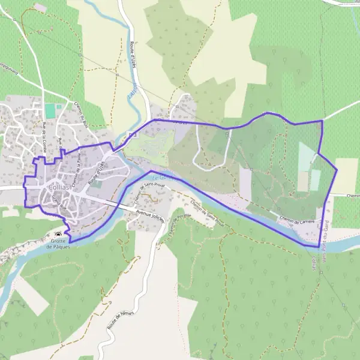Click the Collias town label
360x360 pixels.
click(x=59, y=187)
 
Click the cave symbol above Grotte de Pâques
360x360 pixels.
click(x=58, y=235)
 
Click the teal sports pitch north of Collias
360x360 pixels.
click(x=49, y=111)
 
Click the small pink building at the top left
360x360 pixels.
click(x=40, y=7)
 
